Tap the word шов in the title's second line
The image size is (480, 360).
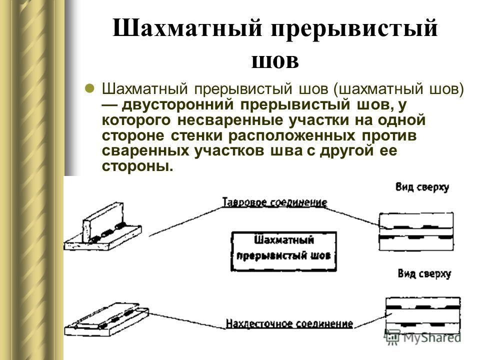275,60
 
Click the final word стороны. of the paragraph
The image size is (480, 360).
137,166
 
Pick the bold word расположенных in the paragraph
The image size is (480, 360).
291,136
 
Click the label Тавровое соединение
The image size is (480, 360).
274,202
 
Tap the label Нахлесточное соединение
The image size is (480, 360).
289,324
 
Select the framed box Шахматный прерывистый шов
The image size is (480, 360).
283,251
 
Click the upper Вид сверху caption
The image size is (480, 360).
422,187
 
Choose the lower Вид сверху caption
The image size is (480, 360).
424,273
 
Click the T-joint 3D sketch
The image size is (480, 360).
102,227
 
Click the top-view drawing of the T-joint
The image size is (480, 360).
416,231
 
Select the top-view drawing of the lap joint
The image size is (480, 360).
423,315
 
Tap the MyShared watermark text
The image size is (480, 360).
432,337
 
